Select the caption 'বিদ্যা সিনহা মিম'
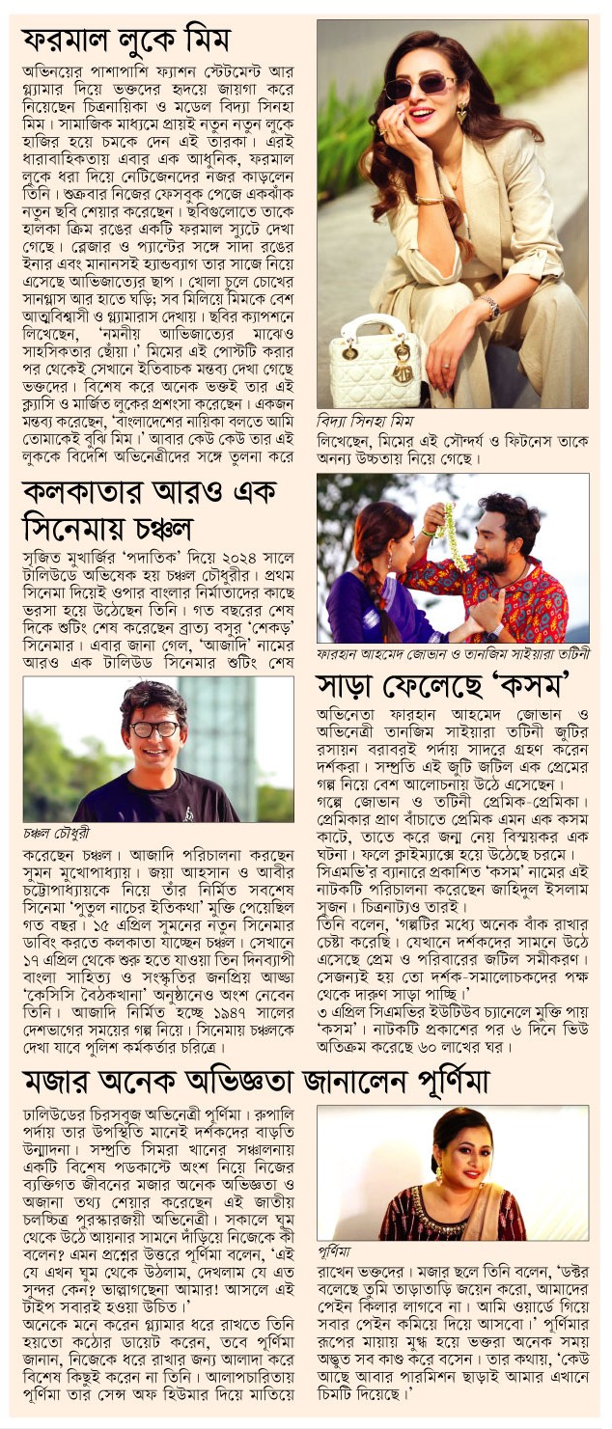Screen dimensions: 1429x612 (363, 421)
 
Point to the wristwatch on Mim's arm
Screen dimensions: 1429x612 (491, 308)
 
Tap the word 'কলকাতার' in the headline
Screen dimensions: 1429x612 (84, 491)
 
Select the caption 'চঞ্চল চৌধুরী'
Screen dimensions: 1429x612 (60, 832)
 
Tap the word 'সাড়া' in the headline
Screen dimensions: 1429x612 (353, 687)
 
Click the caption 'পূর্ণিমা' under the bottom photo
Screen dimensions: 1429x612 (336, 1250)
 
